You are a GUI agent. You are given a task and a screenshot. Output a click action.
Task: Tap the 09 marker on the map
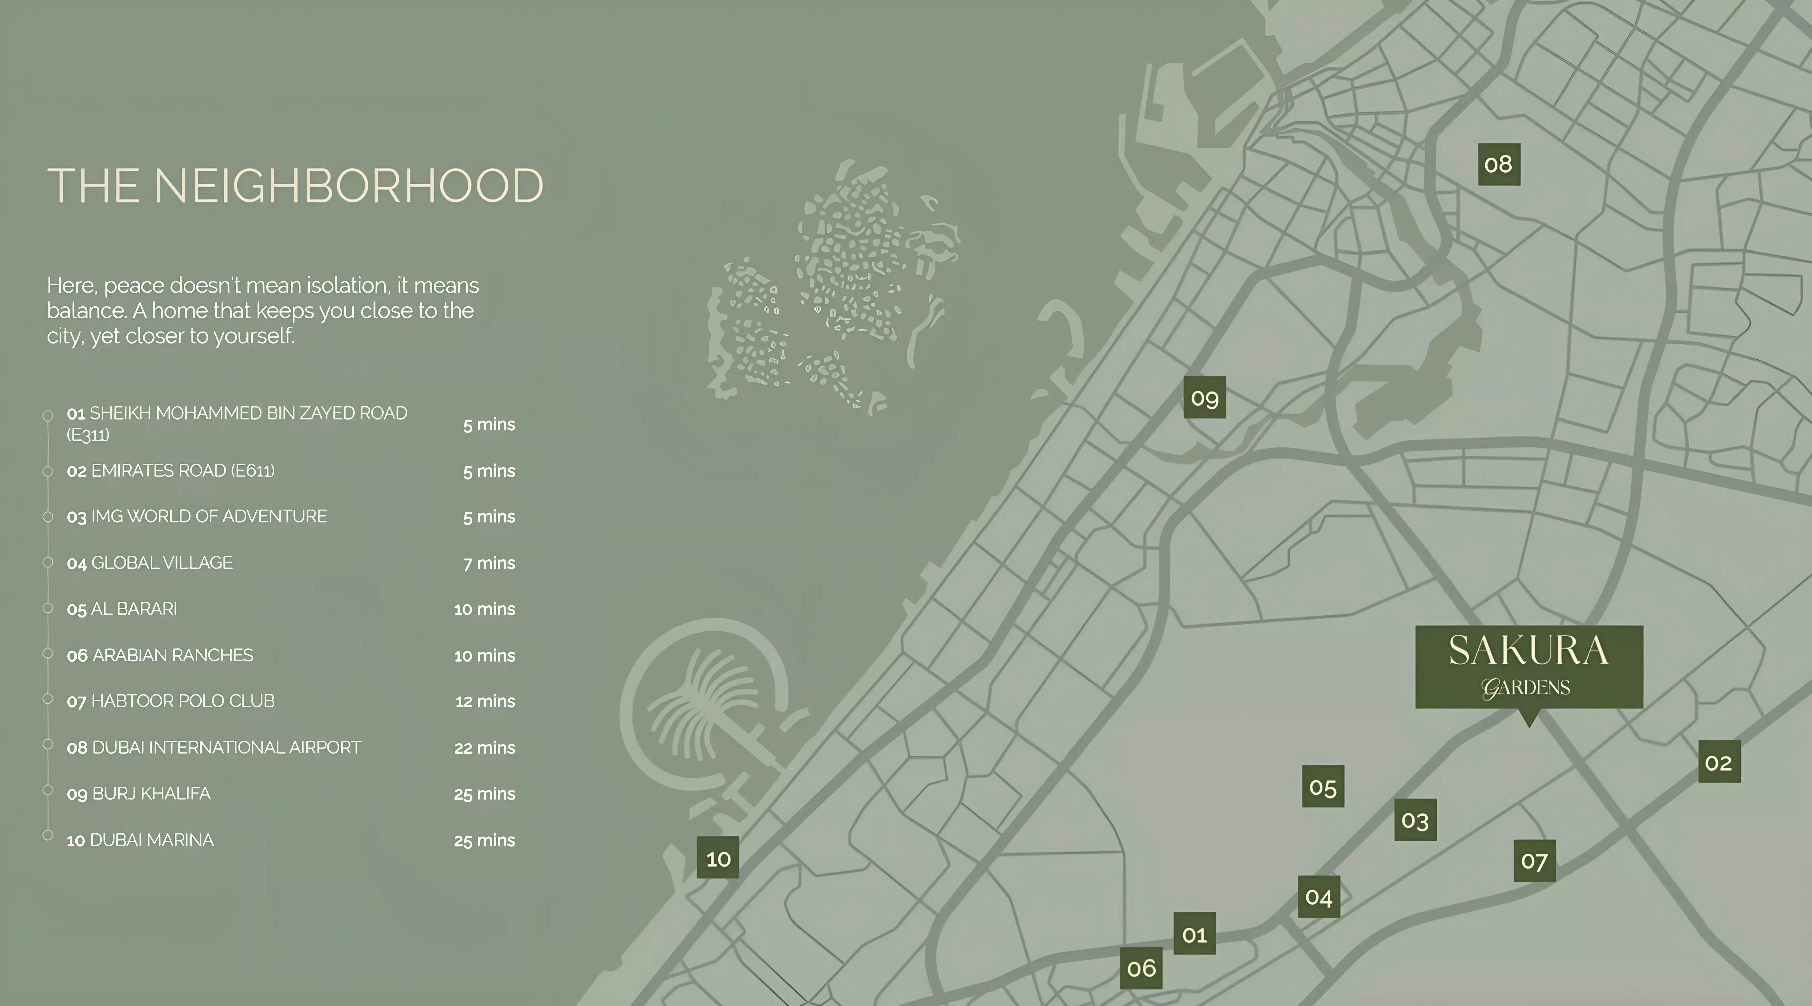1204,397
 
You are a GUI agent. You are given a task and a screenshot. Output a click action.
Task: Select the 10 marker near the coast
718,858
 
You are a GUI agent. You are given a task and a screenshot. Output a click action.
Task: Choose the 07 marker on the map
1534,860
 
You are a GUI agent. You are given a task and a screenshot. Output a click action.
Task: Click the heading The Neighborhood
295,186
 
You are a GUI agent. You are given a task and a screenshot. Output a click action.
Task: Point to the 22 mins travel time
485,748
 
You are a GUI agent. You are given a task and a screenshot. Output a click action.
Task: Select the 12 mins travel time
485,701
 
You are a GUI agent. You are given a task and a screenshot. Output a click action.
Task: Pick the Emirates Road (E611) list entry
171,471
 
